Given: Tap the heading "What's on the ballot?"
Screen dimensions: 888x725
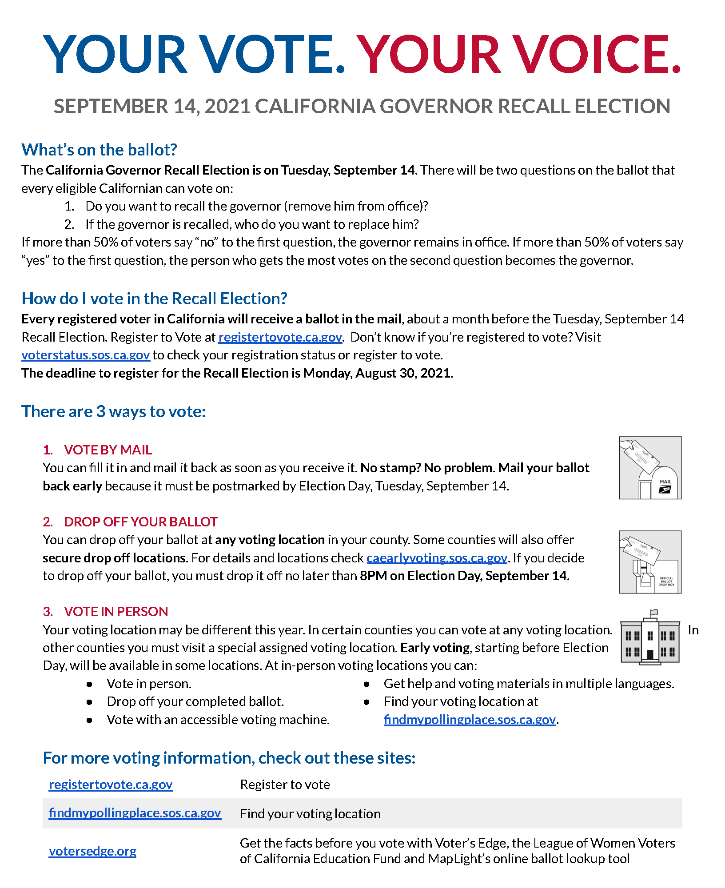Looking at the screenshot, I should (99, 150).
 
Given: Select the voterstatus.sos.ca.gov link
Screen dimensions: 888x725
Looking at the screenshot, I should (86, 355).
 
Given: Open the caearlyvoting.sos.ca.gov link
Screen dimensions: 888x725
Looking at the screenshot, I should (437, 558).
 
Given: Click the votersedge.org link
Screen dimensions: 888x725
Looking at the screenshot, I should (92, 851).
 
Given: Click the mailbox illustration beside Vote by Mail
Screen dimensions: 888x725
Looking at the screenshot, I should (650, 468).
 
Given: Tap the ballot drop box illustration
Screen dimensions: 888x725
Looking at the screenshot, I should (650, 562).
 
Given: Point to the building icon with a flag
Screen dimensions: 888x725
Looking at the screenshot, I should (650, 638).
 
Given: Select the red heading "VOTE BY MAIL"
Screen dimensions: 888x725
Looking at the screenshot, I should (108, 450).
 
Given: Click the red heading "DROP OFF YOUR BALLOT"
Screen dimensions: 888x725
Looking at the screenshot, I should (141, 522).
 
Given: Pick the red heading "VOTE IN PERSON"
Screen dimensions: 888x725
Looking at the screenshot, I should (116, 612).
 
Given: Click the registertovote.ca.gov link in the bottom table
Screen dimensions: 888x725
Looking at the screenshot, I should (111, 785).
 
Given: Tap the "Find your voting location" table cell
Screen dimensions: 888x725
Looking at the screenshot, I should (310, 814).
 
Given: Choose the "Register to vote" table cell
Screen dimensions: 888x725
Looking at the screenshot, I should (285, 785).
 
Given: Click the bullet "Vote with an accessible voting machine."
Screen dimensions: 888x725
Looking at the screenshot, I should (218, 720).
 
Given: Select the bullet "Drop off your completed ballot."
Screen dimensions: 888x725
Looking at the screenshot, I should (195, 701).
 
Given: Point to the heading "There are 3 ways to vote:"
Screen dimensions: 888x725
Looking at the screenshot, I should (114, 412).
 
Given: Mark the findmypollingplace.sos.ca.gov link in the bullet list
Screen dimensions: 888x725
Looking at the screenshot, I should (470, 720).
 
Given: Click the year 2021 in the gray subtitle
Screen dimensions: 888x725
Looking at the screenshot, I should (227, 107).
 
